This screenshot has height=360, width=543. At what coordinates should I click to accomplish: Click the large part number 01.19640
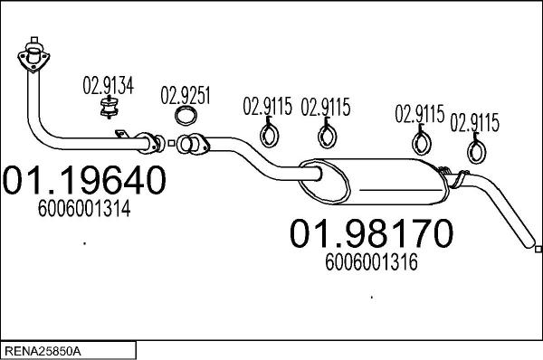coord(84,180)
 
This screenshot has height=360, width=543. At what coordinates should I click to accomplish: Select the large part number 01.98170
coord(371,233)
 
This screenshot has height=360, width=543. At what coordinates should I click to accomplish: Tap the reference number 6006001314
coord(84,208)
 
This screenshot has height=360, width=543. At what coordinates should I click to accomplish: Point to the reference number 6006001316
coord(371,262)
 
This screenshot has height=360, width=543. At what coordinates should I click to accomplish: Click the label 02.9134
coord(108,86)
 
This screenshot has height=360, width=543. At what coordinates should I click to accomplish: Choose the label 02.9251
coord(186,96)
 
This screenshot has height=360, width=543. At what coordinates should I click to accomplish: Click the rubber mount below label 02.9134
coord(110,108)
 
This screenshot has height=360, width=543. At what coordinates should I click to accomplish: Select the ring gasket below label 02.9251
coord(186,116)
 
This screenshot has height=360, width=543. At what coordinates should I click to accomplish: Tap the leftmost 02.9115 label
coord(267,106)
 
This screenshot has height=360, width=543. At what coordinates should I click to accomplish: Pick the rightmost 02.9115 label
coord(475,122)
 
